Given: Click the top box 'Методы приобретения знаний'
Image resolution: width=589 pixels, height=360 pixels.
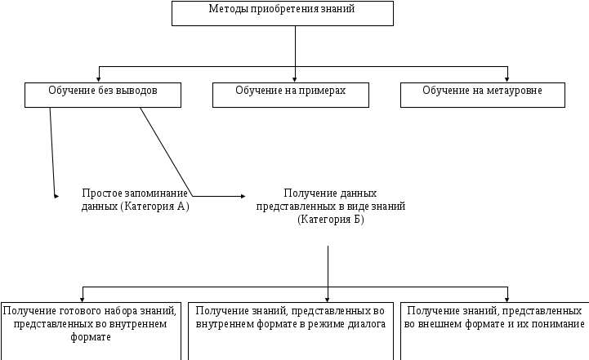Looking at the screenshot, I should pos(283,13).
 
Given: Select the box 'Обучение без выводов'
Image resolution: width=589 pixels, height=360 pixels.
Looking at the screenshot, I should pos(102,95).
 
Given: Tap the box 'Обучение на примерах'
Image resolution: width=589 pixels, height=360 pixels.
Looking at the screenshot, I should pos(290,95).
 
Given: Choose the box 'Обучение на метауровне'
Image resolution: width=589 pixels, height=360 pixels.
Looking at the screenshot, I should pos(482,95).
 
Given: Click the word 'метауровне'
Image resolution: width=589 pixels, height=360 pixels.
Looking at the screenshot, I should pos(515,90).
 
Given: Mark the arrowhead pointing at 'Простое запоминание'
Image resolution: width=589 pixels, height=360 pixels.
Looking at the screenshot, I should pos(56,196).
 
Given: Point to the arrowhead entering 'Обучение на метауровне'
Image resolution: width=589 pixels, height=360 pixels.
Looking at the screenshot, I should pos(508,78).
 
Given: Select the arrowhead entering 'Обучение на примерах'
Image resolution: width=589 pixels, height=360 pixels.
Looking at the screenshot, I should pos(295,78).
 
